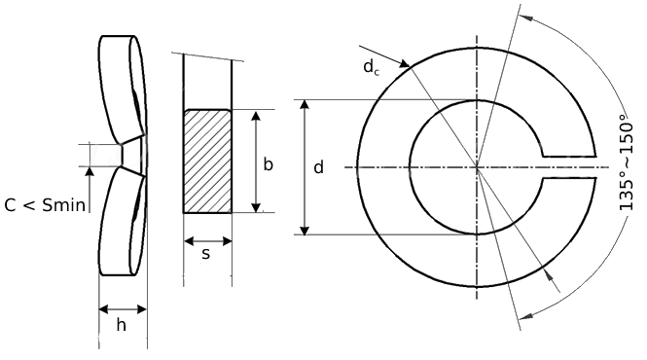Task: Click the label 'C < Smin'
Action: (x=46, y=203)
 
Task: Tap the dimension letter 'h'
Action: (x=122, y=326)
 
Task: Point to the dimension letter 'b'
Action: (x=268, y=163)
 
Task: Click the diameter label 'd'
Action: (x=318, y=167)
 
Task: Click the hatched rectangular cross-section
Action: (x=207, y=160)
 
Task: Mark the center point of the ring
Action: (x=477, y=167)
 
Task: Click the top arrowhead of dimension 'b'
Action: (x=257, y=115)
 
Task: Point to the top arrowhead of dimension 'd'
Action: (x=306, y=104)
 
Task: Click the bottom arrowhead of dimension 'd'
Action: (x=306, y=229)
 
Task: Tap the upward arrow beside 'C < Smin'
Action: (x=89, y=173)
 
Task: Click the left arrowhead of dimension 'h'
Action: (x=104, y=309)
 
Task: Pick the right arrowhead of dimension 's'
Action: (x=227, y=240)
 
